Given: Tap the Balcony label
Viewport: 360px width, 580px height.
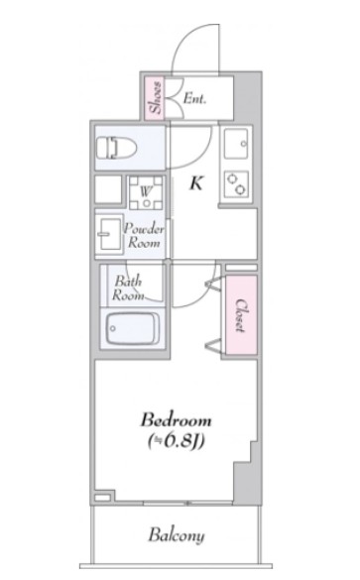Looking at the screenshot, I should click(178, 536).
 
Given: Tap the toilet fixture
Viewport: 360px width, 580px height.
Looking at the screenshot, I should click(116, 148).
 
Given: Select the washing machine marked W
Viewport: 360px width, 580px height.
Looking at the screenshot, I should click(144, 188).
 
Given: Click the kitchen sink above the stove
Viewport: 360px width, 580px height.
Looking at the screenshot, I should click(238, 147).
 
